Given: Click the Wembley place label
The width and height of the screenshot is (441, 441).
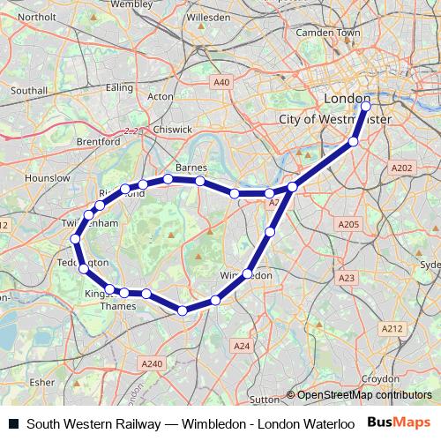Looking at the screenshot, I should tap(131, 4).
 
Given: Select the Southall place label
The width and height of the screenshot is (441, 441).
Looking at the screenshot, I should tap(28, 90).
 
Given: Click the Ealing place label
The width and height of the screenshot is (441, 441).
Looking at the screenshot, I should tap(119, 87).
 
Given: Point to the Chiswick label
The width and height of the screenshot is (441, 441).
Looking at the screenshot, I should tap(173, 129).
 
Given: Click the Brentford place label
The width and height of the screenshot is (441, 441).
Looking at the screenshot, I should tap(98, 141).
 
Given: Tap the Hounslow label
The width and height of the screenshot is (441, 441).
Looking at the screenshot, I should tap(48, 177).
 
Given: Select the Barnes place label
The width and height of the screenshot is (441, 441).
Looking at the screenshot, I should tap(191, 166).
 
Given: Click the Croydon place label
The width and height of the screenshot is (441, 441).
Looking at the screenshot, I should tap(379, 378).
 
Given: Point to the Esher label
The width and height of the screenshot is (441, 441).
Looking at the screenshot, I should tap(41, 382).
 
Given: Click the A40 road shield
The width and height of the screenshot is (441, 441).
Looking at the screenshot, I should tap(221, 82).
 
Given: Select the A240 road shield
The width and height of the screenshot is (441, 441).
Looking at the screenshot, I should tap(153, 363).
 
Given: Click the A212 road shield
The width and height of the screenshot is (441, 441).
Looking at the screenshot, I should tap(392, 328).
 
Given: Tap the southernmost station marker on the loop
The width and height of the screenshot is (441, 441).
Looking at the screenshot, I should tap(183, 310).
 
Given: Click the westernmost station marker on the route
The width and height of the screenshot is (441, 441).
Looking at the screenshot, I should tap(76, 239).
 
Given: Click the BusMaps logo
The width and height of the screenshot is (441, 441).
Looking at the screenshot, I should tap(399, 422).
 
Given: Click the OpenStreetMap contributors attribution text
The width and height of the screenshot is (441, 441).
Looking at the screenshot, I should tap(364, 395).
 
